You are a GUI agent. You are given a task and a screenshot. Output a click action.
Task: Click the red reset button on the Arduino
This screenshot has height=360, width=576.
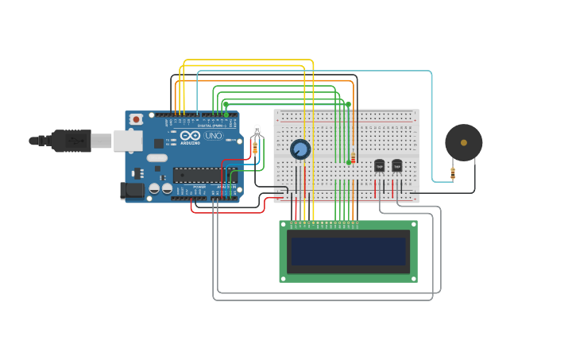[136, 119]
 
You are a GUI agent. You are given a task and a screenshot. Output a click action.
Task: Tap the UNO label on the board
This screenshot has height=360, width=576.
[214, 136]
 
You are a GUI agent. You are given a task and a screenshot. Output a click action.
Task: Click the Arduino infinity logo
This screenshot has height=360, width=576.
[190, 135]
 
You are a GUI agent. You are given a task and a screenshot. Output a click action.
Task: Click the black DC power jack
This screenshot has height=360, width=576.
[132, 190]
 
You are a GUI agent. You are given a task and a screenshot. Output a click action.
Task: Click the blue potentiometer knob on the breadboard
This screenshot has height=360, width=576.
[300, 149]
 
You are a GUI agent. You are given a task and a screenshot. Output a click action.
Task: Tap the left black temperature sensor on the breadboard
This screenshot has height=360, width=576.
[379, 166]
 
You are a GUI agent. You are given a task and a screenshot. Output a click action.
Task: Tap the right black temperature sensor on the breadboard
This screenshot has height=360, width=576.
[396, 166]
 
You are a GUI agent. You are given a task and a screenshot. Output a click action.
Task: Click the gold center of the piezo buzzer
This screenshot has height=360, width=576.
[464, 143]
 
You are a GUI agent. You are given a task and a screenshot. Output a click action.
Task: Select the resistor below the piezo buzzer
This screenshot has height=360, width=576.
[453, 172]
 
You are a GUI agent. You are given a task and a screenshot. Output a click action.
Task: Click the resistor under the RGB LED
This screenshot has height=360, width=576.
[254, 148]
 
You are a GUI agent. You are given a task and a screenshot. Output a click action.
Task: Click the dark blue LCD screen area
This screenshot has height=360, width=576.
[348, 251]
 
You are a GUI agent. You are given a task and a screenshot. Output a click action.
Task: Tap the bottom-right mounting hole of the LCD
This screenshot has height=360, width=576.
[412, 277]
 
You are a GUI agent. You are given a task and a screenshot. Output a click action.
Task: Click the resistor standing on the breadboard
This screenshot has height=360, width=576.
[353, 157]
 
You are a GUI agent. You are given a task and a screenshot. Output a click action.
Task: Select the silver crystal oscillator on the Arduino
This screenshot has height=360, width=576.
[157, 157]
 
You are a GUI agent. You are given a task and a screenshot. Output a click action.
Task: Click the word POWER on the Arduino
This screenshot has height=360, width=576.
[199, 187]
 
